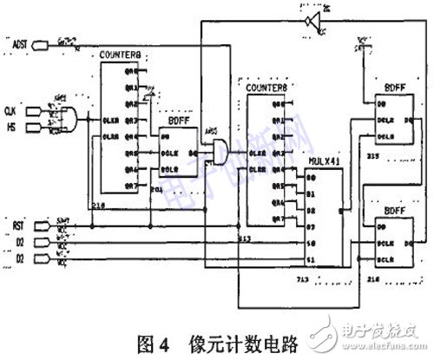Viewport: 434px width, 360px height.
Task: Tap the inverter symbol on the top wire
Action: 310,20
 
